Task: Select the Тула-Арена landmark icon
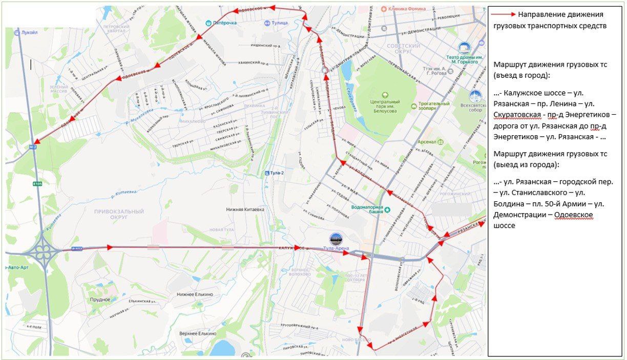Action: pyautogui.click(x=336, y=239)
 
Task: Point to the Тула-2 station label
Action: pyautogui.click(x=276, y=173)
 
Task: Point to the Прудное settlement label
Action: pyautogui.click(x=100, y=299)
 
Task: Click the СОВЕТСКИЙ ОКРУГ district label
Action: pyautogui.click(x=404, y=49)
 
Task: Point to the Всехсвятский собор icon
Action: pyautogui.click(x=476, y=96)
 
